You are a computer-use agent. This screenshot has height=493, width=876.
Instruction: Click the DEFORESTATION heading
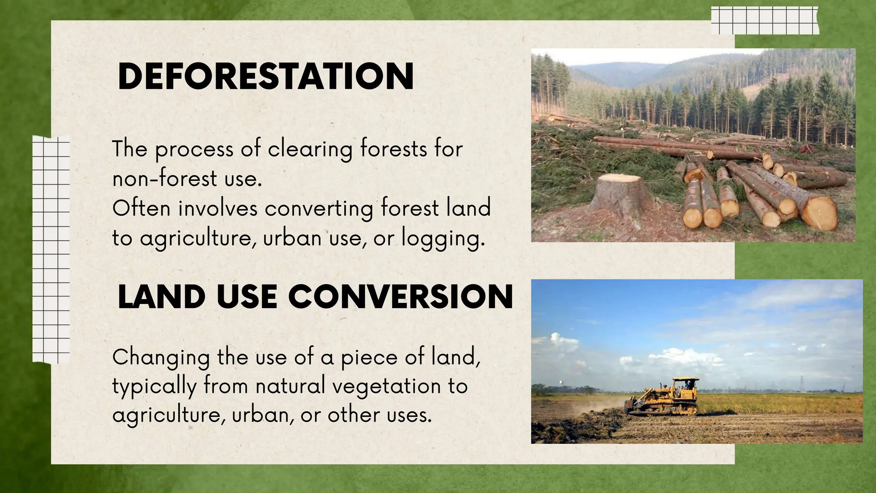click(x=266, y=77)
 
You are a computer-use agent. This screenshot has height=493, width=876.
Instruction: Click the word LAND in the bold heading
click(x=161, y=297)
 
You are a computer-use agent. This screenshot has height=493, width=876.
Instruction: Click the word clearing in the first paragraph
click(x=310, y=149)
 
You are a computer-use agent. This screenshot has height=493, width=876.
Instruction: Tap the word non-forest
click(x=164, y=179)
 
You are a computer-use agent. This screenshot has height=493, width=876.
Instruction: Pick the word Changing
click(x=160, y=358)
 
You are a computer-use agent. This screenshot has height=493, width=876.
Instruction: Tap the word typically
click(x=154, y=387)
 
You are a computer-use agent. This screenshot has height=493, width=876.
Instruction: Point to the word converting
click(x=319, y=209)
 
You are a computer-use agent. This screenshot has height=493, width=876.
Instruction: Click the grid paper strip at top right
click(x=764, y=21)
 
